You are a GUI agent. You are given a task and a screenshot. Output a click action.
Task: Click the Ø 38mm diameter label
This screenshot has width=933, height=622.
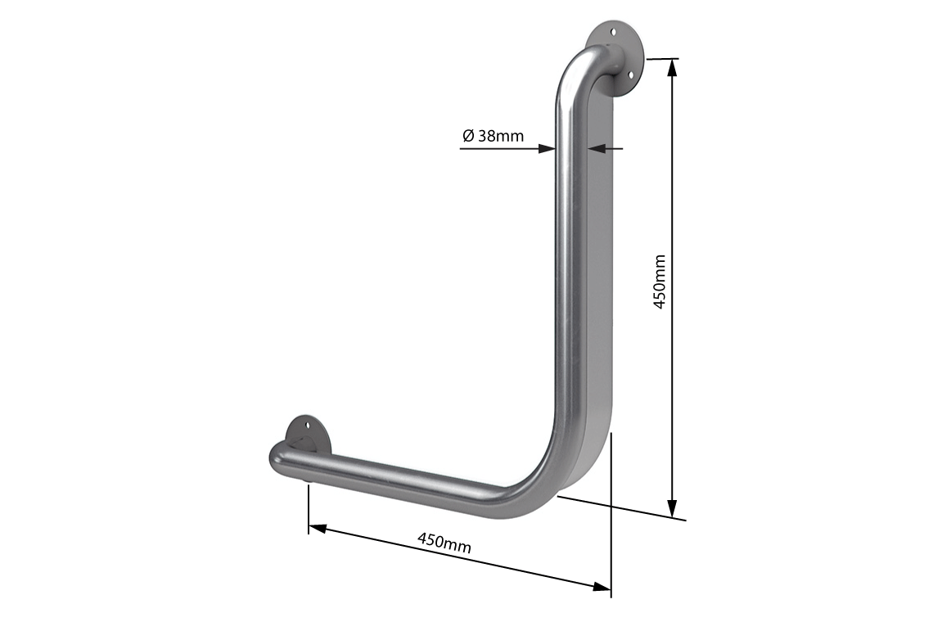493,136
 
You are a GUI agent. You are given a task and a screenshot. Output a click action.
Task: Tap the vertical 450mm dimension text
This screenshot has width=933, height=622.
660,281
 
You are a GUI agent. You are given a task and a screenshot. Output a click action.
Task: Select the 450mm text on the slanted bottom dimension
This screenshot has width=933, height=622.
444,542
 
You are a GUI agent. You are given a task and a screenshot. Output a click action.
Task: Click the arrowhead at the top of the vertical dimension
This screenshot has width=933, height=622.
673,67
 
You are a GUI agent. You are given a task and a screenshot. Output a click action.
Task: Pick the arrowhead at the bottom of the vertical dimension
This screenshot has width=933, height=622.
673,508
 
